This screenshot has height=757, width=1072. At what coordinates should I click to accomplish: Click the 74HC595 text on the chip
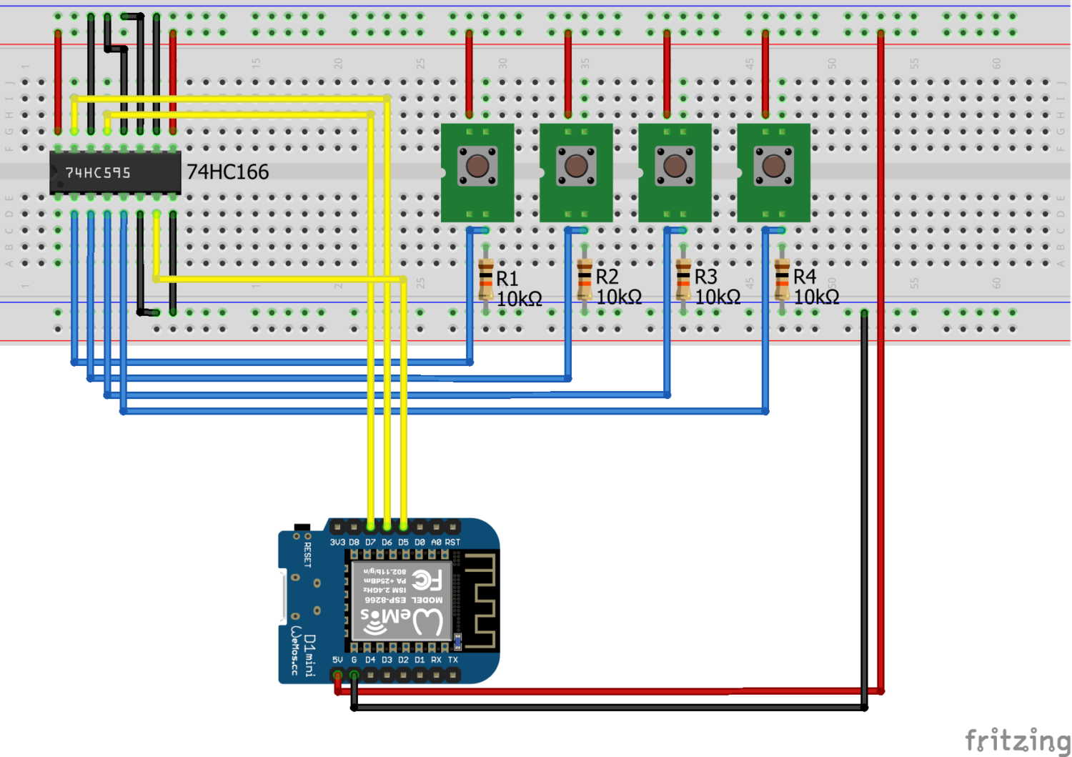tap(98, 173)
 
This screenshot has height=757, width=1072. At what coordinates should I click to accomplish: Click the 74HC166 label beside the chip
tap(227, 172)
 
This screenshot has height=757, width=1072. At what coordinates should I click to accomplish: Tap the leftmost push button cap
tap(477, 166)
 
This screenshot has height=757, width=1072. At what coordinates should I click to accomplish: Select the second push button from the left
tap(576, 166)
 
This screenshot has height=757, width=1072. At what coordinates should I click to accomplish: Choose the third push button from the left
tap(675, 166)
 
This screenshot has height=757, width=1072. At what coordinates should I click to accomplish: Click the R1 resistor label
tap(507, 279)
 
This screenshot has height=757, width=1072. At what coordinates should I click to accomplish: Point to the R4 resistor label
tap(805, 277)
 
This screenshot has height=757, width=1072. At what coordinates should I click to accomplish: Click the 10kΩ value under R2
tap(619, 297)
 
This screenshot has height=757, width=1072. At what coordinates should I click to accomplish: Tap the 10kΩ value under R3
tap(718, 297)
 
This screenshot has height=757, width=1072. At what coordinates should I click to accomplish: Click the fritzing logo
tap(1017, 740)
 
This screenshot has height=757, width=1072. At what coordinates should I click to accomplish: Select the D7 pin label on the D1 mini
tap(370, 543)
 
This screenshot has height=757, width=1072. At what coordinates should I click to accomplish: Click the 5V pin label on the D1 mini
tap(337, 660)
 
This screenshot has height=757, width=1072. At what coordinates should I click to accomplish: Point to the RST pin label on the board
tap(452, 543)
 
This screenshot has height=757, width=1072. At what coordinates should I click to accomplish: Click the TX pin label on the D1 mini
tap(452, 660)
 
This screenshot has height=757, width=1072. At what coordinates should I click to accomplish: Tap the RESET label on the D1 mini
tap(308, 555)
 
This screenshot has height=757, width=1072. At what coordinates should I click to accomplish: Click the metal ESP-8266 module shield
tap(402, 601)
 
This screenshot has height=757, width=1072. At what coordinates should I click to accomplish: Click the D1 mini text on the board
tap(309, 655)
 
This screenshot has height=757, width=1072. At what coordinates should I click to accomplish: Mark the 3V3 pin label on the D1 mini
tap(337, 543)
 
